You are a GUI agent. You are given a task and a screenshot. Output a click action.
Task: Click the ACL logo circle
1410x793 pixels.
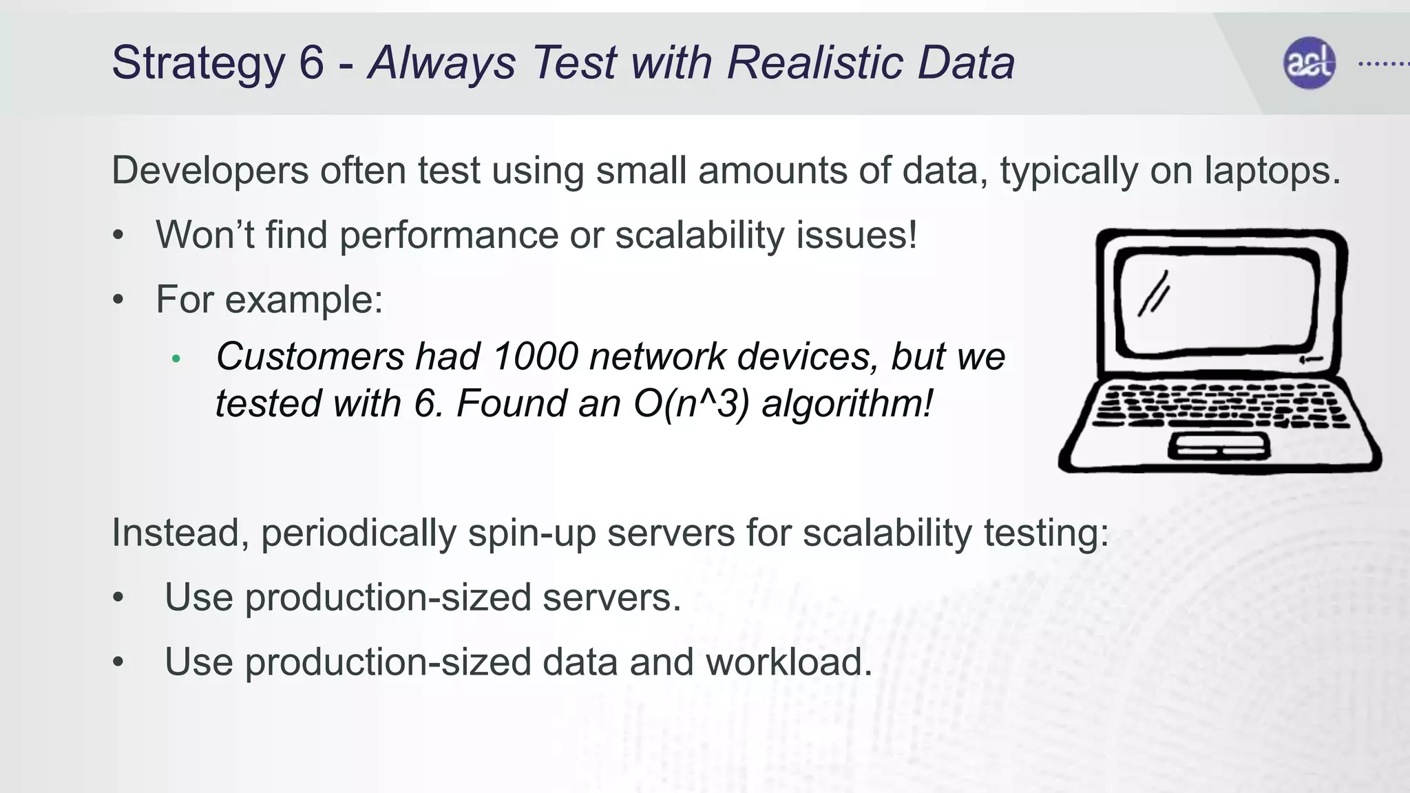click(x=1309, y=63)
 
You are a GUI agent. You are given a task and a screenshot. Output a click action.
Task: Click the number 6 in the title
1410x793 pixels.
click(x=311, y=63)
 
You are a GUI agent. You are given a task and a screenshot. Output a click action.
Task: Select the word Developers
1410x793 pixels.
click(x=210, y=171)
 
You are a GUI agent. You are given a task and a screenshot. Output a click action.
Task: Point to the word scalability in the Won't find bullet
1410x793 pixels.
click(x=699, y=235)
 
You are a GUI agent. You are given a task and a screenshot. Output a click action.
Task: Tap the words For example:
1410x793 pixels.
click(x=269, y=299)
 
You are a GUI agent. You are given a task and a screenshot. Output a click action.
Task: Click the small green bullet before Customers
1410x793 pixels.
click(x=176, y=359)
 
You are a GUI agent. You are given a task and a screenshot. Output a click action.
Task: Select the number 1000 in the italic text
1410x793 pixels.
click(x=535, y=357)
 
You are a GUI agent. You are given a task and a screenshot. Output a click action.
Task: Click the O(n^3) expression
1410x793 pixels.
click(x=691, y=403)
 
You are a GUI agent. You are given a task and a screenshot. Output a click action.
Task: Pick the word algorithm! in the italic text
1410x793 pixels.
click(x=848, y=403)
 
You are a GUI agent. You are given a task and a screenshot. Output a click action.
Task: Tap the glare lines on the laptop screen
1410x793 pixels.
click(x=1154, y=295)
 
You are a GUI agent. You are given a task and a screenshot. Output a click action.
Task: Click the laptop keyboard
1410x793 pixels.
click(x=1219, y=406)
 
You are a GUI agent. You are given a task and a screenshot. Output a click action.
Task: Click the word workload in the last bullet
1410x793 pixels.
click(x=788, y=662)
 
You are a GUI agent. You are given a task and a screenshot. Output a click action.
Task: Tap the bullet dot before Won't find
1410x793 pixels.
click(x=118, y=235)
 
